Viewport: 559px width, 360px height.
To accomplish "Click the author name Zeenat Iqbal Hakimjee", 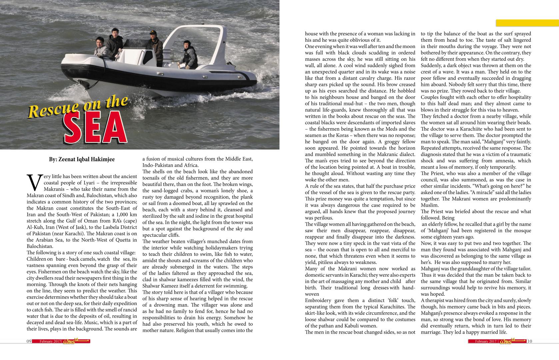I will [x=82, y=159].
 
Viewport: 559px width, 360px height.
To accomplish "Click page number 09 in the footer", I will [x=29, y=341].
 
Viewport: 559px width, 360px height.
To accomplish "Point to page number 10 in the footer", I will [x=530, y=341].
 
